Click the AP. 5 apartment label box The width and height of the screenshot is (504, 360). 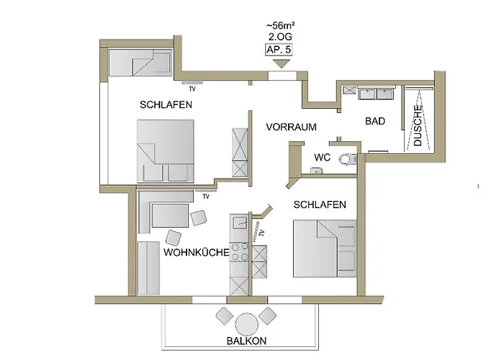coord(279,50)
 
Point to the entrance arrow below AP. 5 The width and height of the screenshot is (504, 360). coord(282,63)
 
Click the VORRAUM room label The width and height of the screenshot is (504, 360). coord(291,127)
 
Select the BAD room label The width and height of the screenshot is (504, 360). coord(375,121)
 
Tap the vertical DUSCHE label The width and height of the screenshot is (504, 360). coord(418,126)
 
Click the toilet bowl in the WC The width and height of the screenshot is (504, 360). coord(348,159)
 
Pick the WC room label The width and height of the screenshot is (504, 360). coord(322,157)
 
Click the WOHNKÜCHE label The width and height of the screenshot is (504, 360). coord(197,252)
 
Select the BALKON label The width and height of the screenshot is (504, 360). coord(246,341)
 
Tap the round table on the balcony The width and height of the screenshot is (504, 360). coord(247,325)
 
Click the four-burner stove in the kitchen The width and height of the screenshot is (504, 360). coord(240,252)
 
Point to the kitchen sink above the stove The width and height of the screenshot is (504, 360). coord(240,222)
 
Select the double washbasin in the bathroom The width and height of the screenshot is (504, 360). coord(377,93)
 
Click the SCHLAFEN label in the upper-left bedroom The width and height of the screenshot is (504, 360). coord(166,104)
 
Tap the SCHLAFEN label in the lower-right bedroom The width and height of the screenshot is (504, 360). coord(320,204)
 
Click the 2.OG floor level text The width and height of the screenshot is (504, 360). coord(280,37)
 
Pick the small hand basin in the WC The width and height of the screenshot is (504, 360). coord(317,171)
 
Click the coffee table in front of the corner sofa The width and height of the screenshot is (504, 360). coord(170,215)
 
